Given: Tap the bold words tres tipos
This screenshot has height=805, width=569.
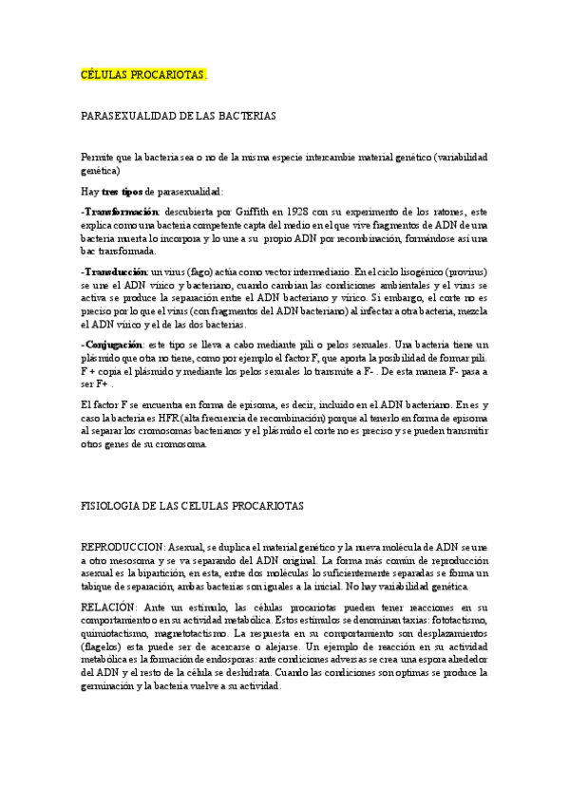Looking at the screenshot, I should point(123,191).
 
